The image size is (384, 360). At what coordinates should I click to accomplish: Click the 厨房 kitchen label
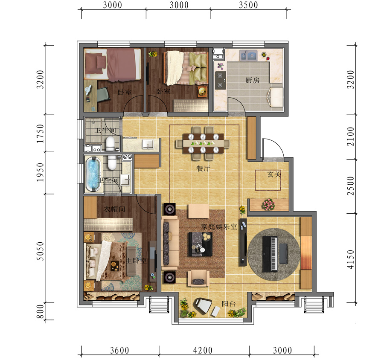coord(253,80)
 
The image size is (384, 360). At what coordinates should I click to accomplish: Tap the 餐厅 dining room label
coord(203,168)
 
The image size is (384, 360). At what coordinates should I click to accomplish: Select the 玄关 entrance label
coord(274,174)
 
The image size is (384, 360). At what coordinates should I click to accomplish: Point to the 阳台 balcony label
coord(229,304)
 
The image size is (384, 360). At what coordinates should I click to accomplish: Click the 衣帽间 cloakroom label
coord(114,209)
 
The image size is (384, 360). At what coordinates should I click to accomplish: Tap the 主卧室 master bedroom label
coord(136,261)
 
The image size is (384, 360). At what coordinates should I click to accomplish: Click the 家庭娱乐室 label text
coord(219,227)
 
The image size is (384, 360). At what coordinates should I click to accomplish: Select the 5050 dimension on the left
coord(40,251)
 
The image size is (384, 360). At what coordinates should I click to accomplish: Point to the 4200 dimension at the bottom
coord(203,350)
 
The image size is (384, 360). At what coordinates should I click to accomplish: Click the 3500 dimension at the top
coord(248,5)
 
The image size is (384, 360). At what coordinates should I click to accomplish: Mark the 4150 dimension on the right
coord(351,259)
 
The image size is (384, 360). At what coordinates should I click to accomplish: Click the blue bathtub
coord(93,174)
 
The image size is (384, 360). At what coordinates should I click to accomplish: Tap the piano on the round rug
coord(270,254)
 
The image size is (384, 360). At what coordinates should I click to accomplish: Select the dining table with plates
coord(203,143)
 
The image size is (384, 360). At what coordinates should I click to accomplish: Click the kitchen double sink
coord(248,55)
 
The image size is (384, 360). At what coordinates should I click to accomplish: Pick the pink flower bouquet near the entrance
coord(268,204)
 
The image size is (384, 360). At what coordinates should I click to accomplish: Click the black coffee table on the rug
coord(201,244)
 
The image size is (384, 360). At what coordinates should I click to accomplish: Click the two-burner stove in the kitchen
coord(220,80)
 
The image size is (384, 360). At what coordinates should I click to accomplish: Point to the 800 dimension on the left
coord(40,311)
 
